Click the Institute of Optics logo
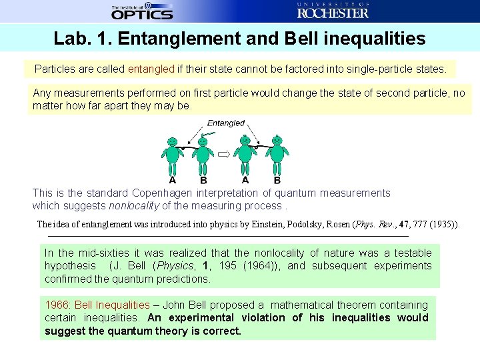(x=142, y=11)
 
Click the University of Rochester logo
(x=333, y=11)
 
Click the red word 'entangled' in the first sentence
(x=151, y=69)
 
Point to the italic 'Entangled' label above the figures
(x=225, y=123)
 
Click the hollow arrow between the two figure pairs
(x=224, y=153)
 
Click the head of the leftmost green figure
(x=173, y=141)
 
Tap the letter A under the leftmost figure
(x=173, y=179)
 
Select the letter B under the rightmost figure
(x=277, y=180)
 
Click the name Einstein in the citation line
(x=270, y=225)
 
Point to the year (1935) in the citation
(x=443, y=225)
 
